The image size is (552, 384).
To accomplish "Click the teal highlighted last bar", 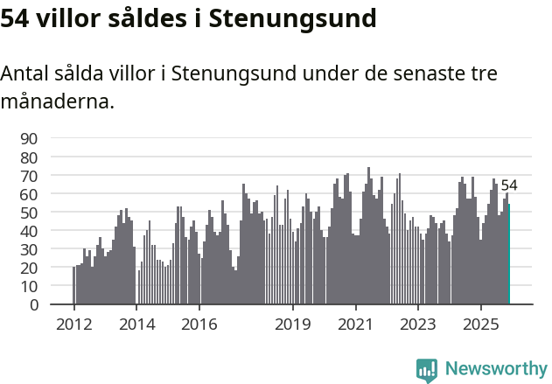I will [x=508, y=255].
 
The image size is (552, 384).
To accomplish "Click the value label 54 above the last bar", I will [x=509, y=185].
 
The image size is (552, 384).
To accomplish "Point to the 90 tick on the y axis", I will [x=29, y=138].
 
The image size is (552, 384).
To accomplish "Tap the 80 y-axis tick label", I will [x=29, y=157].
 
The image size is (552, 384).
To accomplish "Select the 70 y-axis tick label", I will [x=29, y=175].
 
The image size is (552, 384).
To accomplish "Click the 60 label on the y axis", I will [x=29, y=193].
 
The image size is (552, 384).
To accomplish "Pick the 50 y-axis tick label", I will [x=29, y=213].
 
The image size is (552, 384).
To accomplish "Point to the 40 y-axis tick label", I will [x=29, y=231].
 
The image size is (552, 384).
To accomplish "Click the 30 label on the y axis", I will [x=29, y=249].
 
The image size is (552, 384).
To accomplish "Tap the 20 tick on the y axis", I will [x=29, y=268].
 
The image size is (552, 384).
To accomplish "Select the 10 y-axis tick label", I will [x=29, y=286].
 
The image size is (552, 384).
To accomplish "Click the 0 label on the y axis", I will [x=33, y=304].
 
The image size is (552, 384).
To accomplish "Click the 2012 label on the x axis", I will [x=73, y=325].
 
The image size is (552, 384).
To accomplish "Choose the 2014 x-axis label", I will [x=136, y=325].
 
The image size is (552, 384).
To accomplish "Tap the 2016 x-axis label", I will [x=199, y=325].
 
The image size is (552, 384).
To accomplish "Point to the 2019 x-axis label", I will [x=293, y=325].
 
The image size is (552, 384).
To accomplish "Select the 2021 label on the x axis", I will [x=355, y=325].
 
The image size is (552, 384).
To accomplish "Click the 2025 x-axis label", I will [x=481, y=325].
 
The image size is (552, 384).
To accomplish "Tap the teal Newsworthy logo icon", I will [x=427, y=369].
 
